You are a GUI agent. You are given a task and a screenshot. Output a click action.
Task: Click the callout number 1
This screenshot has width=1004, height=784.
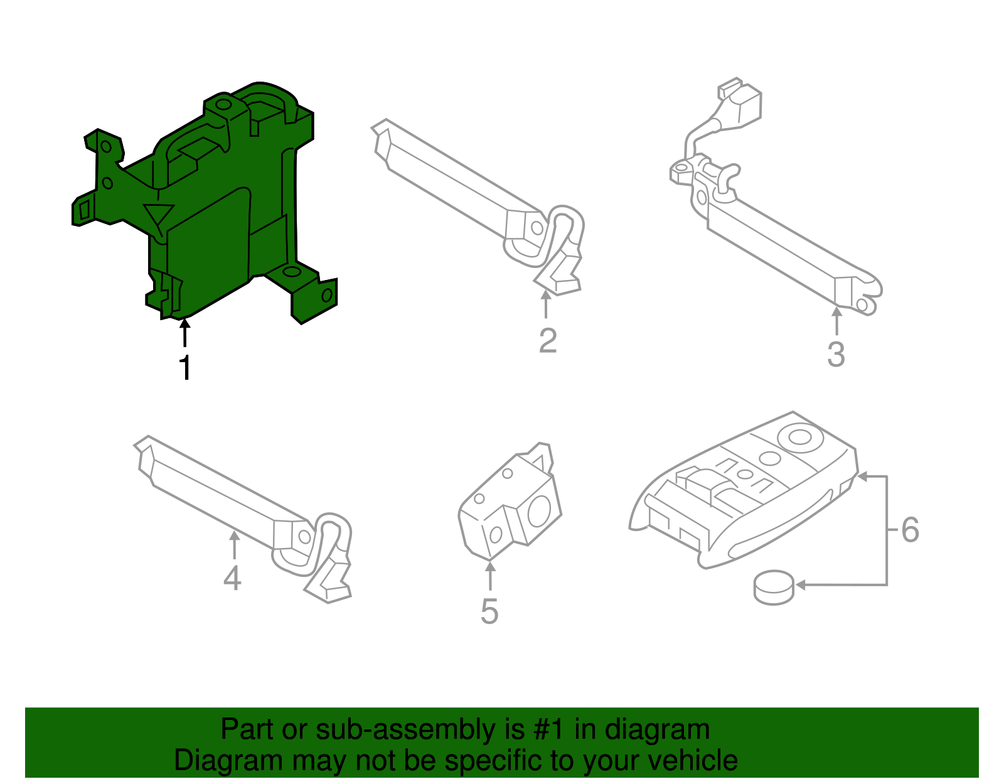click(x=185, y=368)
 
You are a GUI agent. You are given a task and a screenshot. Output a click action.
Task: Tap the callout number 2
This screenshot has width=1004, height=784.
click(x=548, y=341)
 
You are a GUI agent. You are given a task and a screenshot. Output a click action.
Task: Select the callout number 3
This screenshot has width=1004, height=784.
click(x=836, y=355)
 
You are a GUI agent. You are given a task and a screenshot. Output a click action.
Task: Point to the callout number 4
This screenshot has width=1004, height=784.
click(x=232, y=578)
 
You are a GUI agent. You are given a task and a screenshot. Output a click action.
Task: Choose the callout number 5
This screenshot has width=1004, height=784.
click(x=489, y=611)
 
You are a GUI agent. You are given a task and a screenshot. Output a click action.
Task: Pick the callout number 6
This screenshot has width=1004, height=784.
click(x=911, y=530)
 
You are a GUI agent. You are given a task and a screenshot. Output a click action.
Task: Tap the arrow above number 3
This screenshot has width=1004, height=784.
click(x=836, y=321)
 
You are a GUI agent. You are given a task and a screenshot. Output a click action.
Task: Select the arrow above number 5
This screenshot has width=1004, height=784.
click(x=489, y=576)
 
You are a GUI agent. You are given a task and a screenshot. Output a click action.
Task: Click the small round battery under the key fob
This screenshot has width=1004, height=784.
click(x=774, y=588)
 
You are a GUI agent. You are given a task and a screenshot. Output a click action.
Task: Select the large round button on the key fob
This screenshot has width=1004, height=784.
click(x=800, y=437)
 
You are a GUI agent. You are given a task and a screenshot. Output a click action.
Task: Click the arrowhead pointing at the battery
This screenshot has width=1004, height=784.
click(x=801, y=585)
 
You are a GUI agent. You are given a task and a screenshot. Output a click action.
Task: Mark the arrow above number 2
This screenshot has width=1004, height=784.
click(x=546, y=304)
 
